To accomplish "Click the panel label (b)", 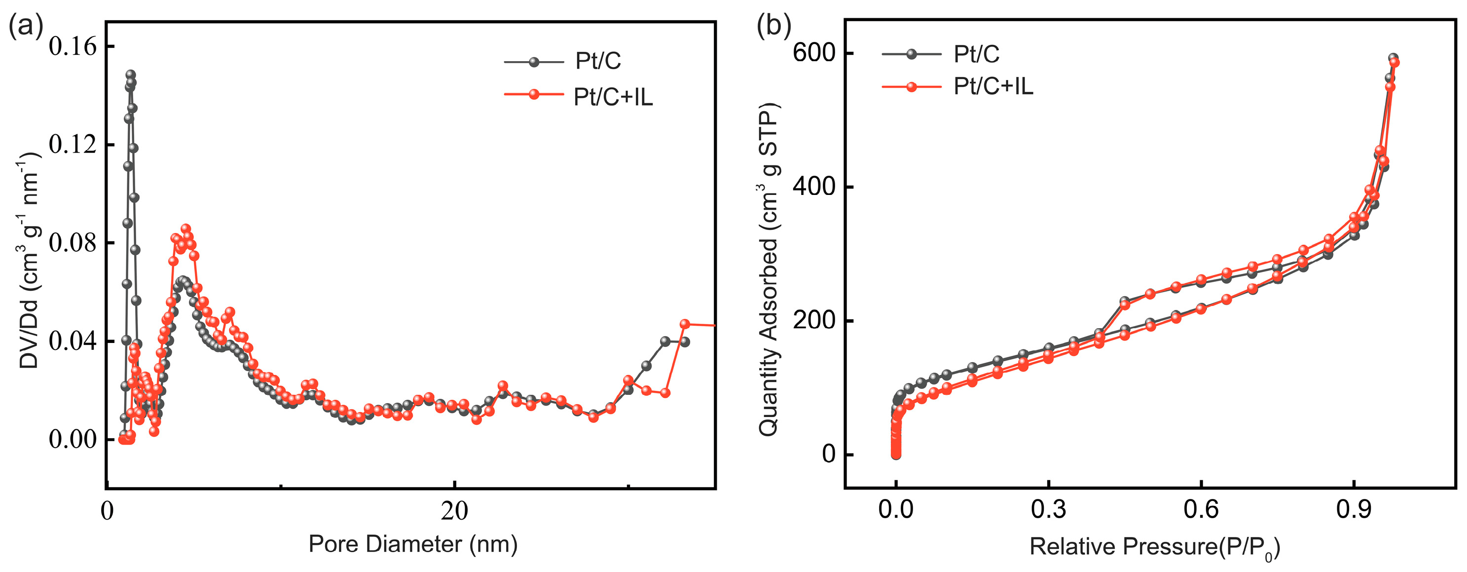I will pos(773,26).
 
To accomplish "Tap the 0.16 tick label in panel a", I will pos(73,47).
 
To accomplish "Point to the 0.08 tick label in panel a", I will pos(73,243).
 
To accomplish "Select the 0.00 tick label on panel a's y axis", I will pos(73,439).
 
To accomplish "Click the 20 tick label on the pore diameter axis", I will pos(454,511).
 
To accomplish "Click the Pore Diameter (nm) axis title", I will pos(413,544).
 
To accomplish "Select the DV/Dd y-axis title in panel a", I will pos(29,261).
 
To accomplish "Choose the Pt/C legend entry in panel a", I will pos(597,61).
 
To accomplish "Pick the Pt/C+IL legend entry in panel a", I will pos(613,97).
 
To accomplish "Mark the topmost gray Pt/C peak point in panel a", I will pos(130,75).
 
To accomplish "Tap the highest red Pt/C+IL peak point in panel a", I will pos(185,229).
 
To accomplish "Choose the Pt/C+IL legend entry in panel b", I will pos(992,86).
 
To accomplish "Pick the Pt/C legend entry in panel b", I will pos(976,54).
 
